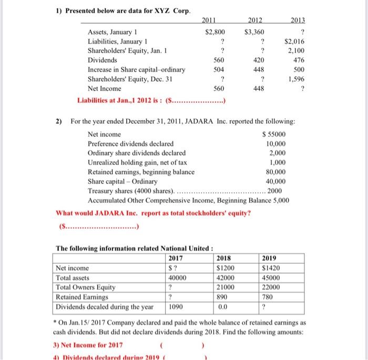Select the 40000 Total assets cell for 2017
(x=178, y=277)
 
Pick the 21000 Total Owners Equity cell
(x=226, y=287)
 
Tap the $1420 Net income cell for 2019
(x=271, y=268)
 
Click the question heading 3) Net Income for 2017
(x=88, y=345)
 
